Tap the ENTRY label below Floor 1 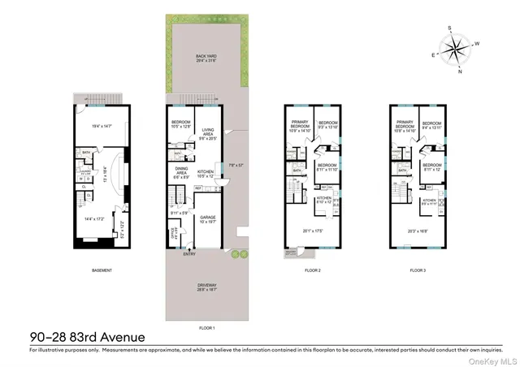[x=189, y=254]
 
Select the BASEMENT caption [x=102, y=270]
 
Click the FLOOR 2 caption [x=314, y=270]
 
